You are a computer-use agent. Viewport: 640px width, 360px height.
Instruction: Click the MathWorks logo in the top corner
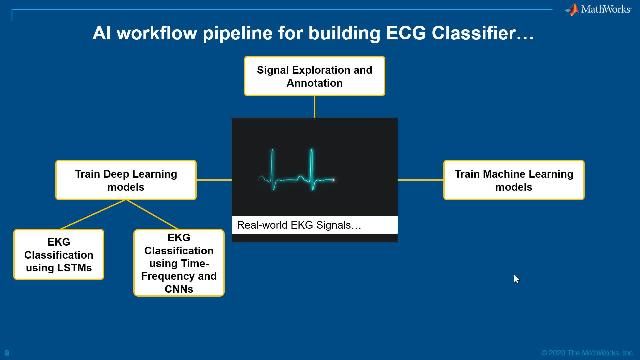(598, 10)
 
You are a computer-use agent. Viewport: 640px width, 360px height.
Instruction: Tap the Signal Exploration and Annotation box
(314, 76)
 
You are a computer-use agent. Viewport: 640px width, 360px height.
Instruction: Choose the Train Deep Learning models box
(125, 180)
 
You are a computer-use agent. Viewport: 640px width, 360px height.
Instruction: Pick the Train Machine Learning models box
(513, 180)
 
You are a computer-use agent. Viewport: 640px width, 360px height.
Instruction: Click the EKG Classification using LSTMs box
(58, 254)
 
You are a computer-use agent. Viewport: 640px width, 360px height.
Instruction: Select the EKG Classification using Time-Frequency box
(179, 263)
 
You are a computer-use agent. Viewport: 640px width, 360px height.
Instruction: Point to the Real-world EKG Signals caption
(299, 225)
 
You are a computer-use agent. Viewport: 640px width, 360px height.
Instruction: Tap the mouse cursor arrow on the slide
(516, 279)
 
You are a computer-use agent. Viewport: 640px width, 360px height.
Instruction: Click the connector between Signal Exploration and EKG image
(314, 107)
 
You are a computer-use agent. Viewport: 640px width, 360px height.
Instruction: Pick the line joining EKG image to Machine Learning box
(420, 180)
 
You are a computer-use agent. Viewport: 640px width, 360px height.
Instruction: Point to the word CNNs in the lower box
(179, 289)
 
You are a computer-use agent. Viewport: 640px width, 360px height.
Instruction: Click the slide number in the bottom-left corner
(7, 353)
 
